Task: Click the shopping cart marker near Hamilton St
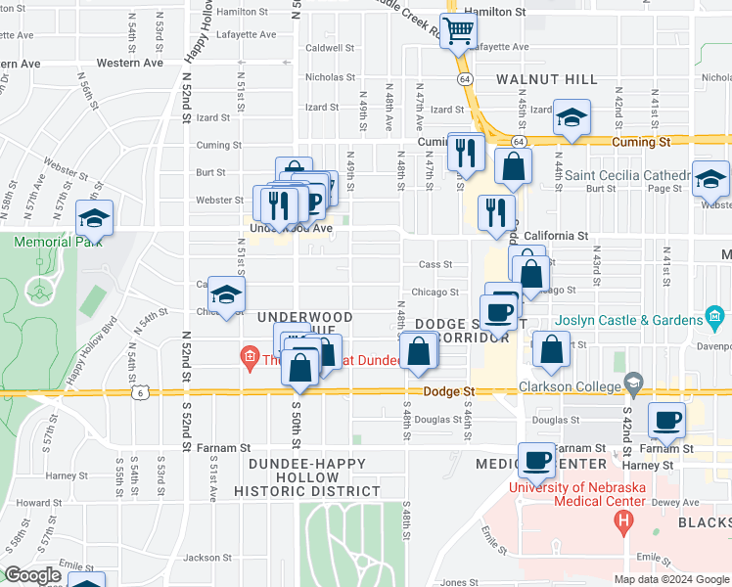pos(458,32)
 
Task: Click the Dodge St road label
pos(448,391)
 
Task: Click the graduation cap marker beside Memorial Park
pos(95,217)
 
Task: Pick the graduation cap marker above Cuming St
pos(572,118)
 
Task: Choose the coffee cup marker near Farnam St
pos(667,420)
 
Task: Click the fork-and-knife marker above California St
pos(497,211)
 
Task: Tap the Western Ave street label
pos(130,63)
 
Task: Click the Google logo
pos(32,575)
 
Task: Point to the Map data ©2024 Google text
pos(671,579)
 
